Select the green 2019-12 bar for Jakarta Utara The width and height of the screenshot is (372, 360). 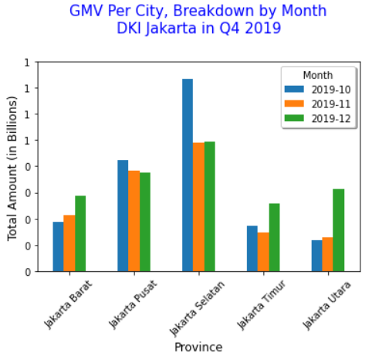tap(338, 230)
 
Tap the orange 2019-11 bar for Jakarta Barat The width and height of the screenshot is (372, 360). tap(69, 243)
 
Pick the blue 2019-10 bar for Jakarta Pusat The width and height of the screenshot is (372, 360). tap(123, 216)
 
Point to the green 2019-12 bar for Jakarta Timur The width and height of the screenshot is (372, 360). tap(274, 237)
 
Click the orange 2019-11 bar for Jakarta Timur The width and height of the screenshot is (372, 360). tap(263, 252)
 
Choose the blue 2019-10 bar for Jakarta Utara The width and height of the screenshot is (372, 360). tap(316, 256)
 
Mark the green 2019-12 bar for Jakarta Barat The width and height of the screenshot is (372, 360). tap(80, 233)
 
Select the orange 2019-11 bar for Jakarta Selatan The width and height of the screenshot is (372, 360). tap(198, 207)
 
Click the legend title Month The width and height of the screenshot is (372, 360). tap(318, 75)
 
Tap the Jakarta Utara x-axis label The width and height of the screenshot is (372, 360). tap(326, 306)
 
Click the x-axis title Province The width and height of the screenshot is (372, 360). tap(198, 348)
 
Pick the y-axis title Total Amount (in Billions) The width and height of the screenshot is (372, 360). tap(13, 168)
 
